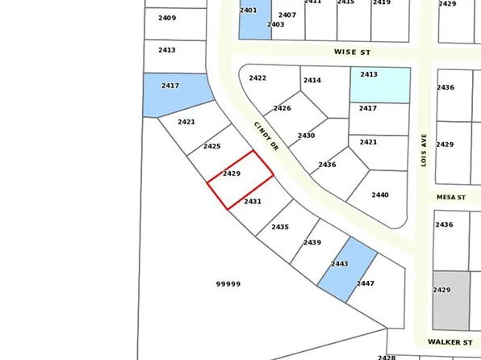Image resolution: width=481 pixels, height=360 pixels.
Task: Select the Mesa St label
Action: point(452,196)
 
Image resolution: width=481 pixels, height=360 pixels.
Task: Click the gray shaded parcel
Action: point(450,299)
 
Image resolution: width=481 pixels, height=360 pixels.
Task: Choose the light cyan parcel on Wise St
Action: point(379,84)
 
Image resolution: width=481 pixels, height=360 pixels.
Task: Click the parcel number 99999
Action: point(228,283)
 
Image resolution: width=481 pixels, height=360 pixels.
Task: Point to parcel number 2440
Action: point(380,195)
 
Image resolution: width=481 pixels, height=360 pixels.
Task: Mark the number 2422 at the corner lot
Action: point(257,77)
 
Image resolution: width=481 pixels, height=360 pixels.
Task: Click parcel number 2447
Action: point(366,283)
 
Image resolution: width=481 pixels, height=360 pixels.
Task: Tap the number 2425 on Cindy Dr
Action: point(212,146)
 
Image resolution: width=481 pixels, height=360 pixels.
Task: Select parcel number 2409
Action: point(167,17)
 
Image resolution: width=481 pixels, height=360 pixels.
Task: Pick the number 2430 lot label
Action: point(306,136)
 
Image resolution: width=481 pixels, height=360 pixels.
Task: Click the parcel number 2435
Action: point(280,227)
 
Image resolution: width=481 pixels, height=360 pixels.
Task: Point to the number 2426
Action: point(282,108)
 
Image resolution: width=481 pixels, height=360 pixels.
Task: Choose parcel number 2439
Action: point(312,242)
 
